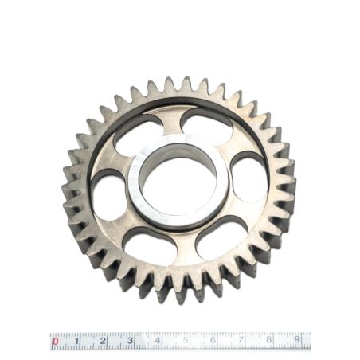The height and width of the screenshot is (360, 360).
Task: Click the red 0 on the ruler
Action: (55, 341)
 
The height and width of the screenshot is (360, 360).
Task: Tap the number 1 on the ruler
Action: (77, 341)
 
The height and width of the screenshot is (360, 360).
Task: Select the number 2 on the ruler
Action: (103, 341)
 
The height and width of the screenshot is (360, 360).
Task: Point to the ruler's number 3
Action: (130, 340)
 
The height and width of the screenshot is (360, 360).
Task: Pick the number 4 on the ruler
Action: (158, 340)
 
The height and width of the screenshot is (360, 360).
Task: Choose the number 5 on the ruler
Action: (186, 340)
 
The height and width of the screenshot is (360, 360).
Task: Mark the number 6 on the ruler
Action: (213, 339)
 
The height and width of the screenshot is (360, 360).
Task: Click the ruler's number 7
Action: (241, 339)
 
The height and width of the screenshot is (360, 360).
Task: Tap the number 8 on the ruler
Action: (269, 339)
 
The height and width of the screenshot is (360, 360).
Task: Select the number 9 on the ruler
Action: (297, 339)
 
